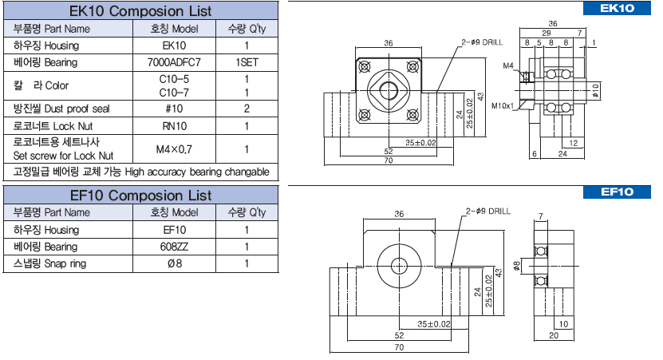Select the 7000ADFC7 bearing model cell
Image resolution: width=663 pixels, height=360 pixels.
click(x=174, y=61)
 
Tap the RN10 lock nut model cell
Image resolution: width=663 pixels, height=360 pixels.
click(x=174, y=126)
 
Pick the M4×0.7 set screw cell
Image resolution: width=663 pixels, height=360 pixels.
click(x=174, y=148)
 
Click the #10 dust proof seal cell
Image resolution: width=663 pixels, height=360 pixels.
click(x=174, y=109)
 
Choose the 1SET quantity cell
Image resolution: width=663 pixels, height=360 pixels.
click(x=247, y=61)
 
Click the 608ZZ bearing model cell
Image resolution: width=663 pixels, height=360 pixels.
click(x=174, y=247)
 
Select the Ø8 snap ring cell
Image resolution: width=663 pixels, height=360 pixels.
click(x=174, y=263)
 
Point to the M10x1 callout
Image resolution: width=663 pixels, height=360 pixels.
click(x=503, y=105)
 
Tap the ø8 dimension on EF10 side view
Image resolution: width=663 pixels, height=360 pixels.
click(x=517, y=266)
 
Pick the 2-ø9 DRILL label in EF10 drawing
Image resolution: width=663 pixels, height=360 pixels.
click(x=487, y=212)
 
